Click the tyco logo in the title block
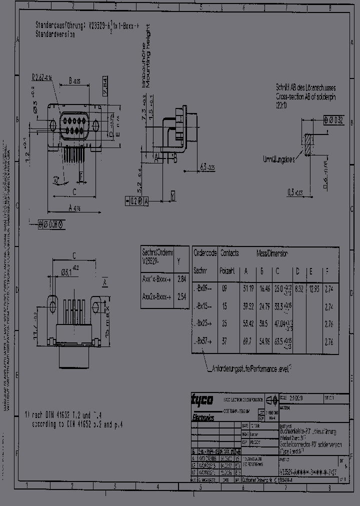(202, 399)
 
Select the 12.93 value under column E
(313, 289)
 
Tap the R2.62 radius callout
(42, 77)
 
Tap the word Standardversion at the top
(55, 35)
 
